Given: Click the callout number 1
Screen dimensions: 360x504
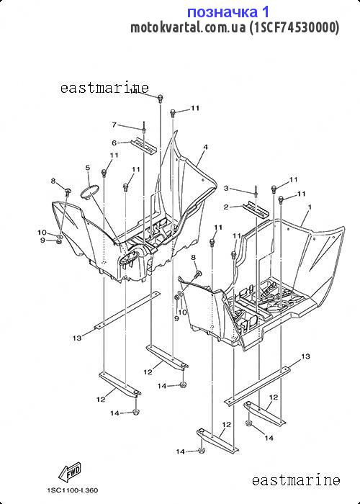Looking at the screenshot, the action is (x=310, y=207).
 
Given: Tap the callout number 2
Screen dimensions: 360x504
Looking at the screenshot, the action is (x=226, y=207).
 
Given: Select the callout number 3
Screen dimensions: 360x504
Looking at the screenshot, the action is (x=226, y=188).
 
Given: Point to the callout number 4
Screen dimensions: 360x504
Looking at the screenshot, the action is (x=205, y=147).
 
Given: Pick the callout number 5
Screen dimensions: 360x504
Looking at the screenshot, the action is (x=88, y=168).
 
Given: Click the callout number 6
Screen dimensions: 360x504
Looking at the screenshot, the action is (x=114, y=143).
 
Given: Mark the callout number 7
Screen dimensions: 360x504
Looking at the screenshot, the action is (x=114, y=125).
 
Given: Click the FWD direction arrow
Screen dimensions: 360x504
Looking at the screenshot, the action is (x=69, y=472).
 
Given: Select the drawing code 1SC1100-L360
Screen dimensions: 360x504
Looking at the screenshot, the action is (x=72, y=490).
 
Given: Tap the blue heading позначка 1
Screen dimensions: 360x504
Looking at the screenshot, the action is (x=228, y=12).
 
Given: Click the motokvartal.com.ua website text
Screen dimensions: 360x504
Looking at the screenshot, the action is (x=188, y=27).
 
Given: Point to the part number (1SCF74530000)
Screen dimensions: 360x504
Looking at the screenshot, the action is (x=294, y=27).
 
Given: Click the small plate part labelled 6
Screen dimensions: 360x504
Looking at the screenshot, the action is (x=143, y=146).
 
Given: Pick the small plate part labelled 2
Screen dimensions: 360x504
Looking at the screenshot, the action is (x=256, y=210).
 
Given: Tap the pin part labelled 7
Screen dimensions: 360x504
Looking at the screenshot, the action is (x=144, y=126).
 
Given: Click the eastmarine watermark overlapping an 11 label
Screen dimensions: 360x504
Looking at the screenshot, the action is (x=104, y=88).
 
